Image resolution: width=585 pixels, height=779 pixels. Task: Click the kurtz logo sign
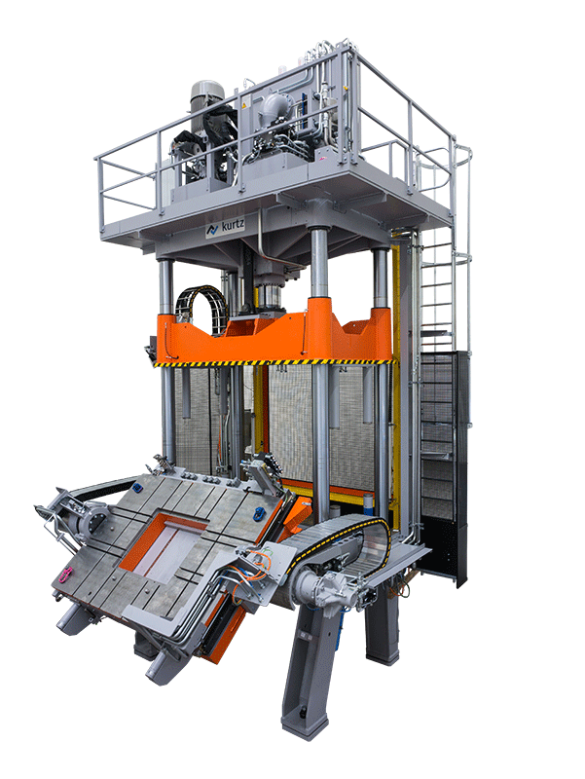pyautogui.click(x=226, y=229)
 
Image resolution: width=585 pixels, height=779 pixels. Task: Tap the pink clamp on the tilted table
pyautogui.click(x=65, y=575)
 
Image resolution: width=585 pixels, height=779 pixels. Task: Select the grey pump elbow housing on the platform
pyautogui.click(x=274, y=107)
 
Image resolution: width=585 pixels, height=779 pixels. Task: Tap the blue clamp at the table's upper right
pyautogui.click(x=258, y=513)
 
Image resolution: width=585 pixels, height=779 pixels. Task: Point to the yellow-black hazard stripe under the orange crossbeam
pyautogui.click(x=274, y=362)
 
